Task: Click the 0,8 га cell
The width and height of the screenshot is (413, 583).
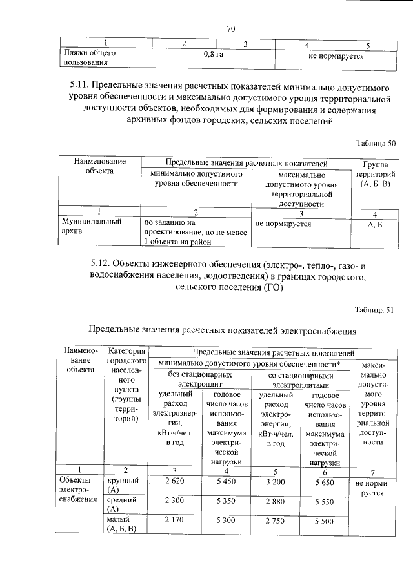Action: tap(212, 56)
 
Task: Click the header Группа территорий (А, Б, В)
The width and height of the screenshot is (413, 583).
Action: tap(374, 174)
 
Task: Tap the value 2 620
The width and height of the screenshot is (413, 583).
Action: tap(176, 481)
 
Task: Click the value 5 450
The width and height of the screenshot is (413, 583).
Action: tap(230, 481)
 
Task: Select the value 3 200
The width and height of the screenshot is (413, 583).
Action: tap(276, 481)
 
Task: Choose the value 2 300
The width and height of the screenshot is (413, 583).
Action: tap(176, 500)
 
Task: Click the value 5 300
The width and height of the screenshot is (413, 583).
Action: tap(230, 520)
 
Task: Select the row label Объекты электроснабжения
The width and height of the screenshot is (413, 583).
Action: tap(77, 490)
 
